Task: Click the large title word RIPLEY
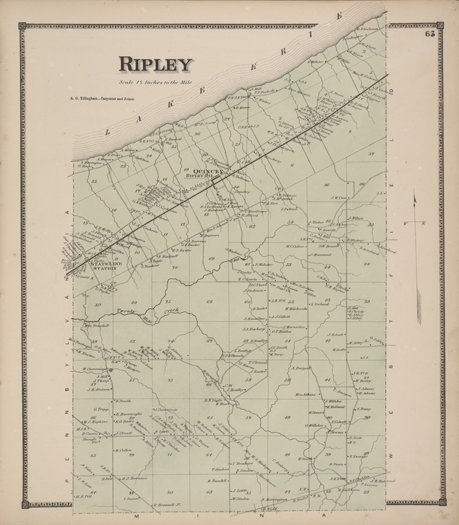155,64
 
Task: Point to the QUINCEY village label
206,170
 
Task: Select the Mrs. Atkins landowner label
304,394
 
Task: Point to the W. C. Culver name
295,245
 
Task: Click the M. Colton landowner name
124,450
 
